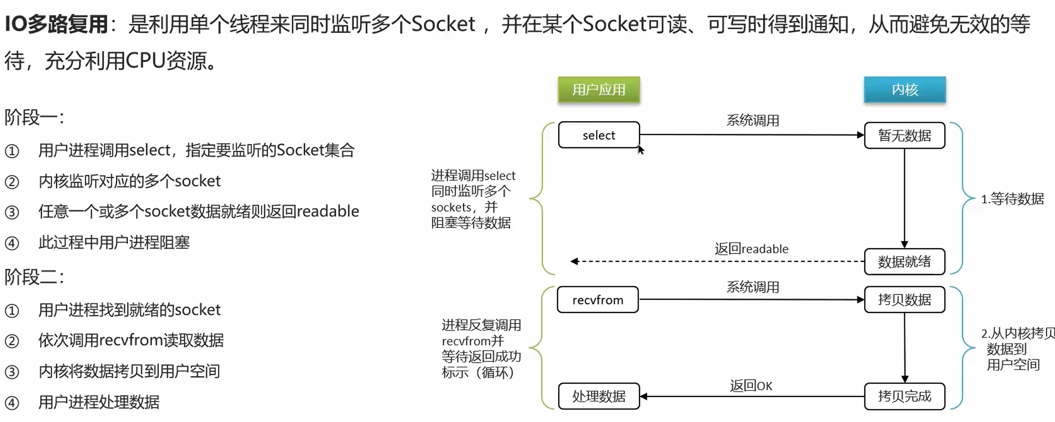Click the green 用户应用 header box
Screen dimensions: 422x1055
598,90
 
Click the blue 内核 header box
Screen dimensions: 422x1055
904,90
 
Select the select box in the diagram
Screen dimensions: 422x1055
598,135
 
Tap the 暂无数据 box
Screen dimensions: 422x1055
904,136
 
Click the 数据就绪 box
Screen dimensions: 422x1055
904,262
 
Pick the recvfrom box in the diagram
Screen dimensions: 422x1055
597,300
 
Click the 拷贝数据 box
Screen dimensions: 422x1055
904,300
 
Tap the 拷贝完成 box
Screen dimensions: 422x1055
904,396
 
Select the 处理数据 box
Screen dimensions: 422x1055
598,396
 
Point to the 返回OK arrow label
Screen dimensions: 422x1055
751,386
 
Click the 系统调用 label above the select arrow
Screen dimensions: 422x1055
752,120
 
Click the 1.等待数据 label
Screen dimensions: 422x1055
1012,199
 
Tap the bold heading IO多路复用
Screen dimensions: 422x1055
56,24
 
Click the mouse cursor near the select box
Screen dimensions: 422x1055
640,150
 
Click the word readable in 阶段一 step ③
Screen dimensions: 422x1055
328,211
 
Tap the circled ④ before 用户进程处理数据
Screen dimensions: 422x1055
12,403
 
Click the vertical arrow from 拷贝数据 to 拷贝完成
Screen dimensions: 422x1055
904,348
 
